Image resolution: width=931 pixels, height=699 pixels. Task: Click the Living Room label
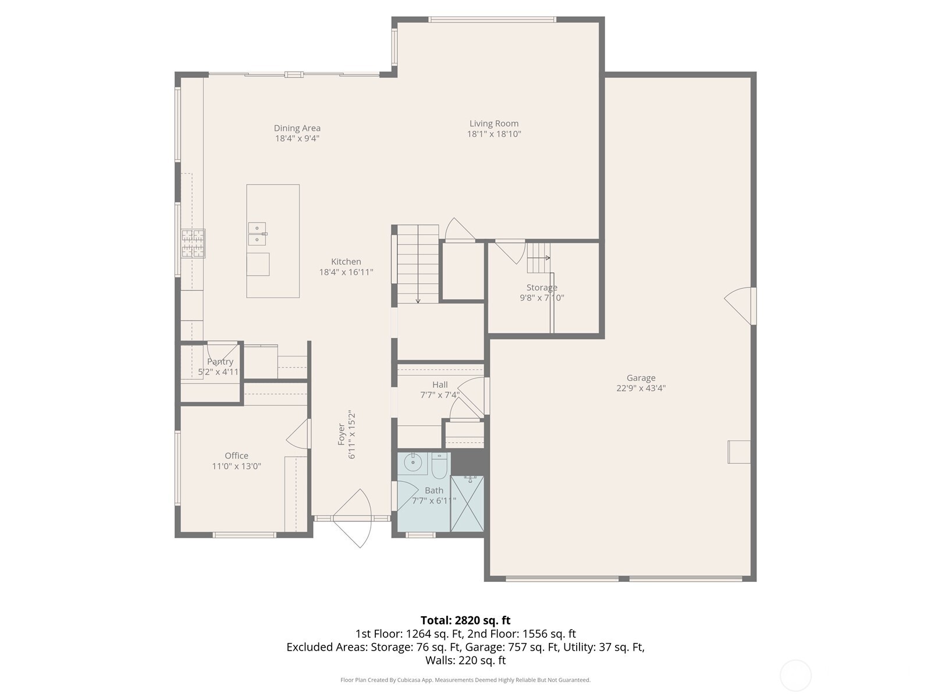493,123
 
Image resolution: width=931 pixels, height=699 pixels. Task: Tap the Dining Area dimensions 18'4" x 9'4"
297,139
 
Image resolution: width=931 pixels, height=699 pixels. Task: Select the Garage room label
641,378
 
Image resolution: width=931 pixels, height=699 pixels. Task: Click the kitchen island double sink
257,234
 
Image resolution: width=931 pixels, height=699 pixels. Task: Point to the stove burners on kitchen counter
193,243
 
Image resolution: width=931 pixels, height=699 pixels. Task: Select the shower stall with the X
467,504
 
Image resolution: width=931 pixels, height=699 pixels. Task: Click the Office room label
236,456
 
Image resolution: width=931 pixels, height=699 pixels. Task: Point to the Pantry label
220,362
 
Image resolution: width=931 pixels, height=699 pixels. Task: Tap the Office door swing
298,434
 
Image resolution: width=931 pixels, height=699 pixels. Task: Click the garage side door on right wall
740,305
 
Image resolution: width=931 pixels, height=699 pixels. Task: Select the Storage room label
542,288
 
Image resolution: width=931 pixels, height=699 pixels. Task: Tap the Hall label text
440,384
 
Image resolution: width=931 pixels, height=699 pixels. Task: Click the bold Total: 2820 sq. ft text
465,620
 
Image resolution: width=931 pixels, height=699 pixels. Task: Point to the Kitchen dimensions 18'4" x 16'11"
346,272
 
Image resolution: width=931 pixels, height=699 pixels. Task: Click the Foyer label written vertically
342,435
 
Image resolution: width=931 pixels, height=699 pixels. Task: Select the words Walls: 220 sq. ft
465,661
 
